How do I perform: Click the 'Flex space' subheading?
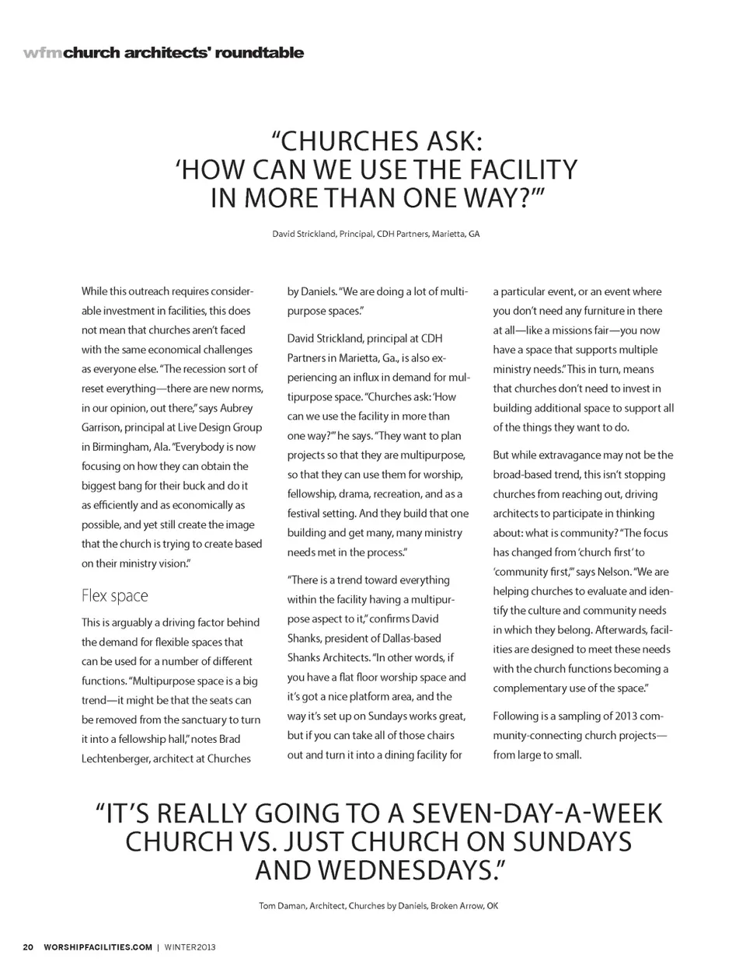tap(114, 596)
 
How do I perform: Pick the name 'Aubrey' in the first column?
tap(236, 408)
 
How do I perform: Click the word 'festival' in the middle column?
tap(307, 514)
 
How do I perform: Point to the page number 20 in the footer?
tap(28, 947)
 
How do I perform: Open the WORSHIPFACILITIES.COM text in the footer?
tap(98, 947)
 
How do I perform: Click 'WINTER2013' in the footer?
tap(190, 947)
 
